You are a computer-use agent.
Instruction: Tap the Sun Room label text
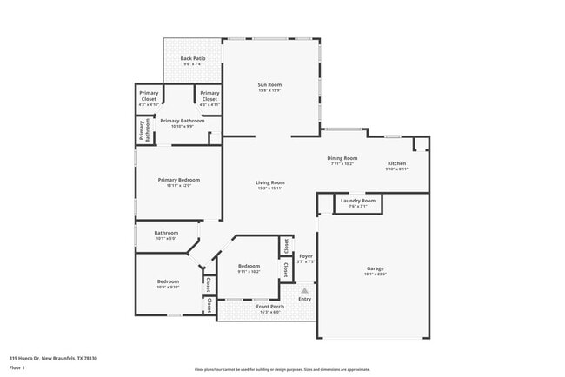pos(269,84)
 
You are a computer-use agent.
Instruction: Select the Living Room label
pos(269,182)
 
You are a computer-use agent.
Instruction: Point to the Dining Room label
pos(342,158)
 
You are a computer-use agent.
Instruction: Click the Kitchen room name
pos(396,163)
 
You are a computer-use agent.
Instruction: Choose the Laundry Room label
pos(358,201)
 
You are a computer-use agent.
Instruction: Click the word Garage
pos(375,268)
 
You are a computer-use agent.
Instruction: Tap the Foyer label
pos(306,256)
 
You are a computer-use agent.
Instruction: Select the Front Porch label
pos(269,306)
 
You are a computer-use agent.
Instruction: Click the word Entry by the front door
pos(304,299)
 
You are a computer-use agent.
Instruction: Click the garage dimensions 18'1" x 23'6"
pos(375,274)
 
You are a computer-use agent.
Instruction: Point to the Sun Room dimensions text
pos(269,90)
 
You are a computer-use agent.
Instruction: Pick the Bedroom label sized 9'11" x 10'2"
pos(249,266)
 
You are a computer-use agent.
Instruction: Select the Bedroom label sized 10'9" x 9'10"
pos(168,281)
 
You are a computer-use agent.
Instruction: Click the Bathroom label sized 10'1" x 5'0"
pos(166,232)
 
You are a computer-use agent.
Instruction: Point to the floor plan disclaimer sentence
pos(282,368)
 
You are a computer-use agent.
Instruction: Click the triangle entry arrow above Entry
pos(304,290)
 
